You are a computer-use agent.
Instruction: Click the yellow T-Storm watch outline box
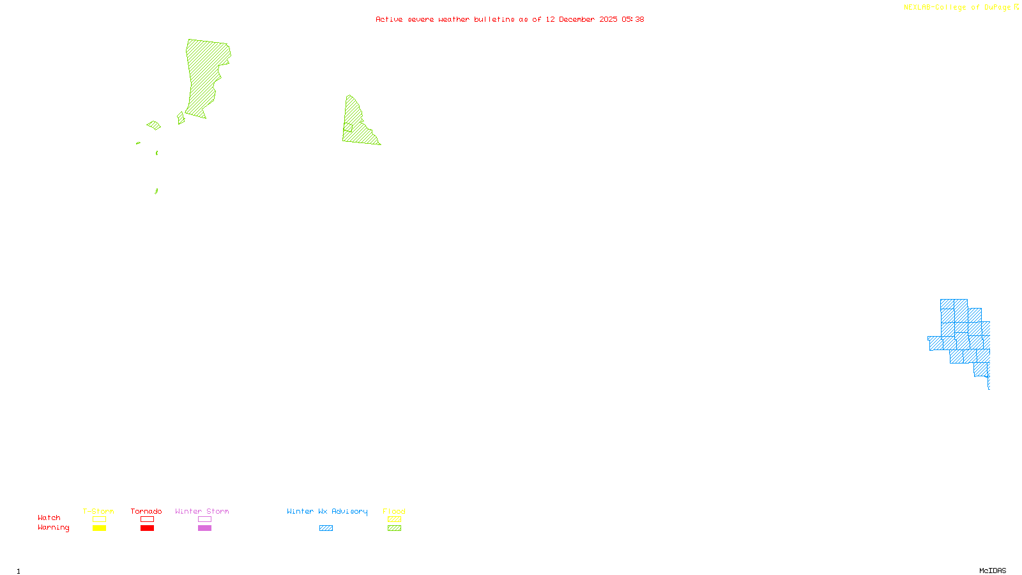[99, 519]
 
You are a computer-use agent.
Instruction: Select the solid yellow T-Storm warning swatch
[99, 528]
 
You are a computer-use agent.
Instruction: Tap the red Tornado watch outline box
[147, 519]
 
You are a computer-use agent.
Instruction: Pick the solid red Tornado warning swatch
[147, 528]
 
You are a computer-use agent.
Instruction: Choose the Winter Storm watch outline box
[204, 519]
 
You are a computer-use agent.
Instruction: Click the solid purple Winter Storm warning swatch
[204, 528]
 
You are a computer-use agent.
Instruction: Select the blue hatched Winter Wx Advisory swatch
[326, 528]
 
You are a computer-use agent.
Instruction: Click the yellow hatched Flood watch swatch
[394, 519]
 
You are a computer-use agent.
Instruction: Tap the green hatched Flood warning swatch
[394, 528]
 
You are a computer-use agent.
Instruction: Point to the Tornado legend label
[146, 511]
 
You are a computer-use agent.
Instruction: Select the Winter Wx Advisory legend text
[327, 511]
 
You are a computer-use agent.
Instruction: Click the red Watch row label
[49, 517]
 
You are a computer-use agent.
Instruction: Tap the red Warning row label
[54, 528]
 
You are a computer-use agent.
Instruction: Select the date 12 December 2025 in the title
[581, 19]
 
